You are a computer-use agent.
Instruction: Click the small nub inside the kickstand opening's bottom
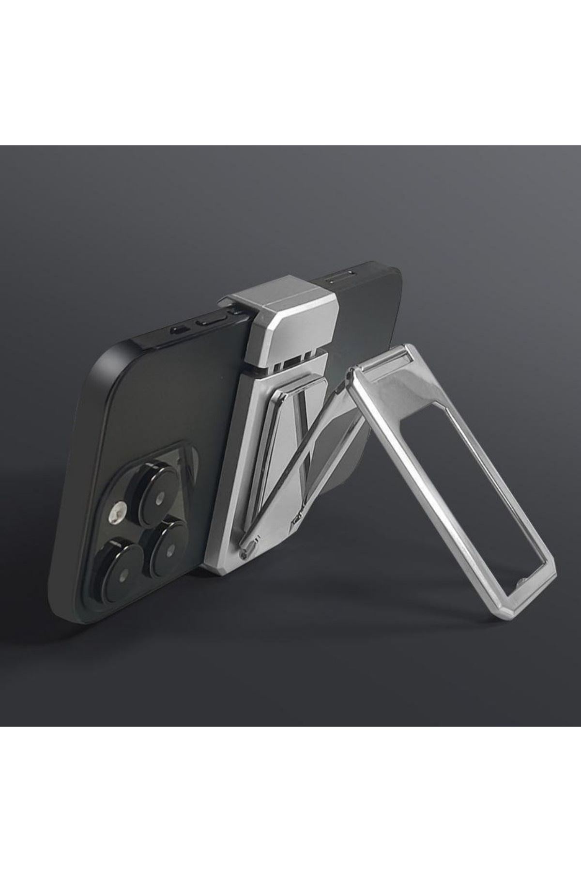point(524,580)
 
